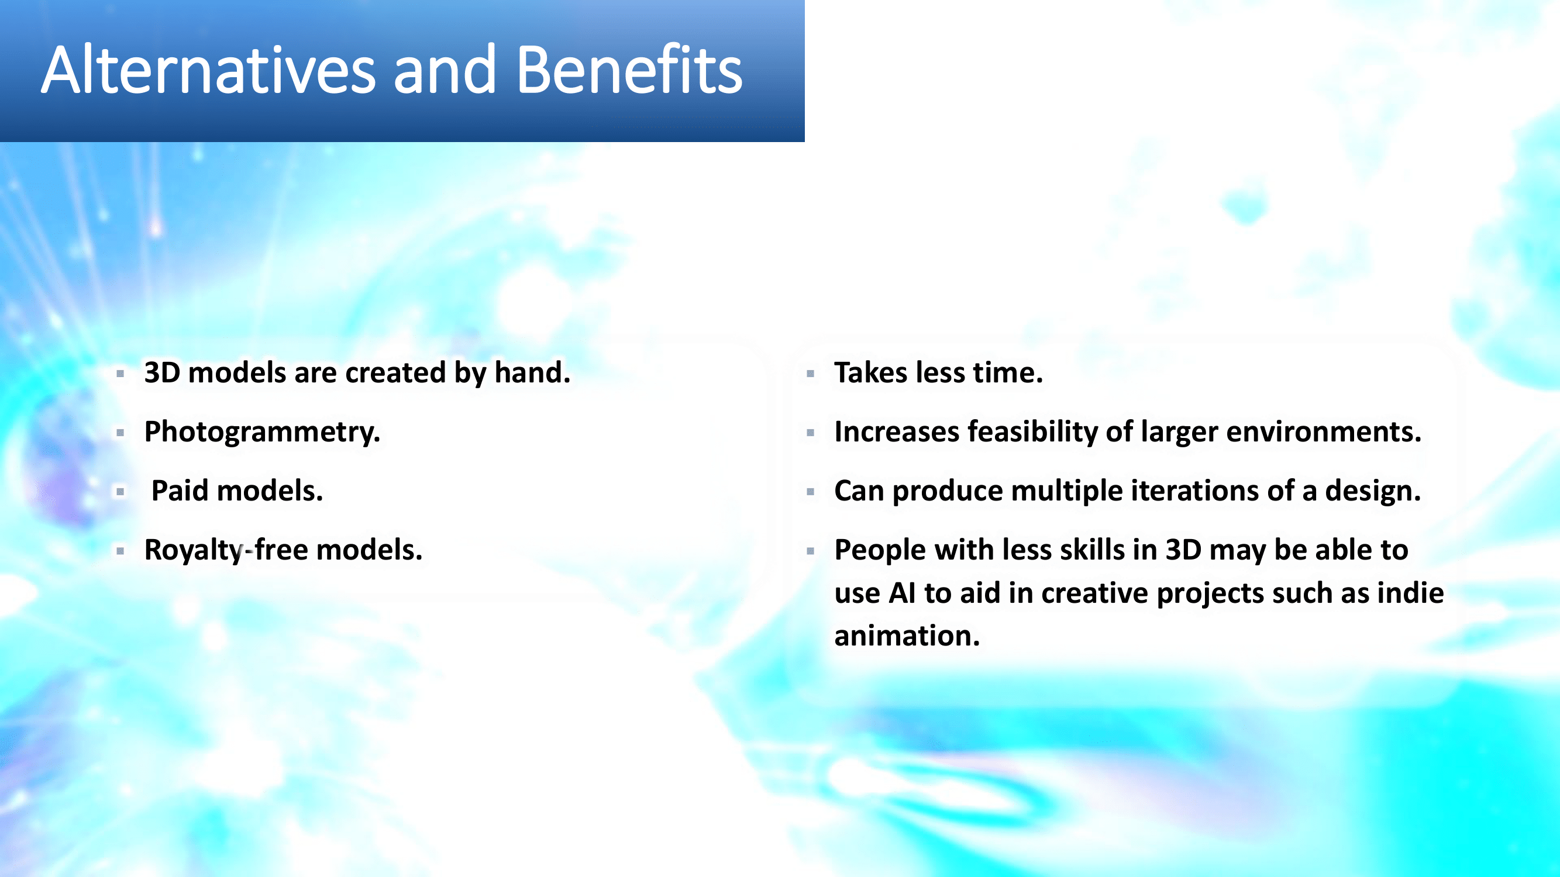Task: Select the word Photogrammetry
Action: [262, 433]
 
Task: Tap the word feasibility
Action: [1032, 433]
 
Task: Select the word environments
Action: [1323, 431]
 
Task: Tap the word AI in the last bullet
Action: [902, 593]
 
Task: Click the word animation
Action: [907, 636]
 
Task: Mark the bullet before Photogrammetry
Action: [120, 433]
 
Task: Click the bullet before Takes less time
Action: [810, 374]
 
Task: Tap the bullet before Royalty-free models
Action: [120, 551]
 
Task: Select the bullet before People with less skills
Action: [810, 551]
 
